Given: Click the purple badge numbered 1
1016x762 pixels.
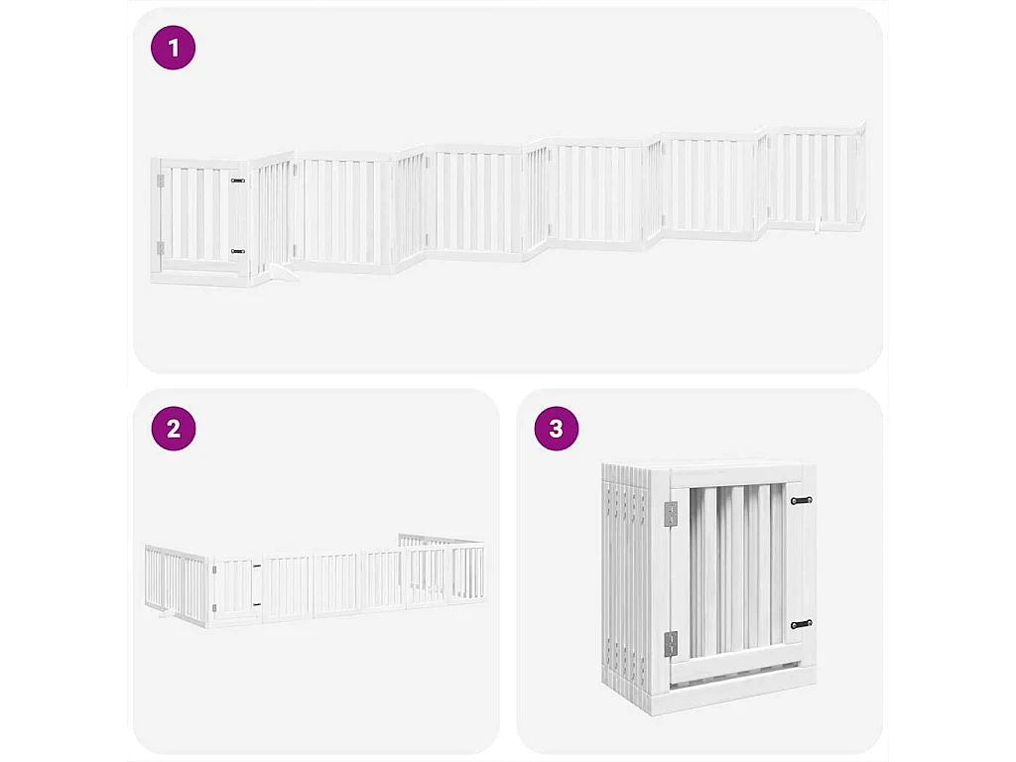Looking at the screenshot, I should point(174,48).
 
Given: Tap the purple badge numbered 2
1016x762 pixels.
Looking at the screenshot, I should point(174,429).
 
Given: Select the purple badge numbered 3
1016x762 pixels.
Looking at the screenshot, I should point(556,429).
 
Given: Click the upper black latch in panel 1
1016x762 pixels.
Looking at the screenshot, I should point(238,181).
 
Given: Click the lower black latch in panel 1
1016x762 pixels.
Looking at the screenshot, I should point(238,252).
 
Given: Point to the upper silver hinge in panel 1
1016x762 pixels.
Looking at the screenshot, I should point(160,181).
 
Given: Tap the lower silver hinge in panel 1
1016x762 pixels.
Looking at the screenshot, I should point(160,248).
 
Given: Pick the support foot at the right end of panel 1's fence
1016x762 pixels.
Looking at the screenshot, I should point(818,227).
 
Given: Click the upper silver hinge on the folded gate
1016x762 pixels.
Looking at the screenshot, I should point(671,513).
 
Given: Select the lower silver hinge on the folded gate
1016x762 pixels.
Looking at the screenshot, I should point(671,643).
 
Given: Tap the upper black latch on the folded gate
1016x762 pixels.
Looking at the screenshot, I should point(802,500).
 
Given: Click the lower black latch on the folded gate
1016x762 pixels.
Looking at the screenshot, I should point(802,624).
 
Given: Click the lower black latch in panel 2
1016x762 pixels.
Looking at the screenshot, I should point(256,604).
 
